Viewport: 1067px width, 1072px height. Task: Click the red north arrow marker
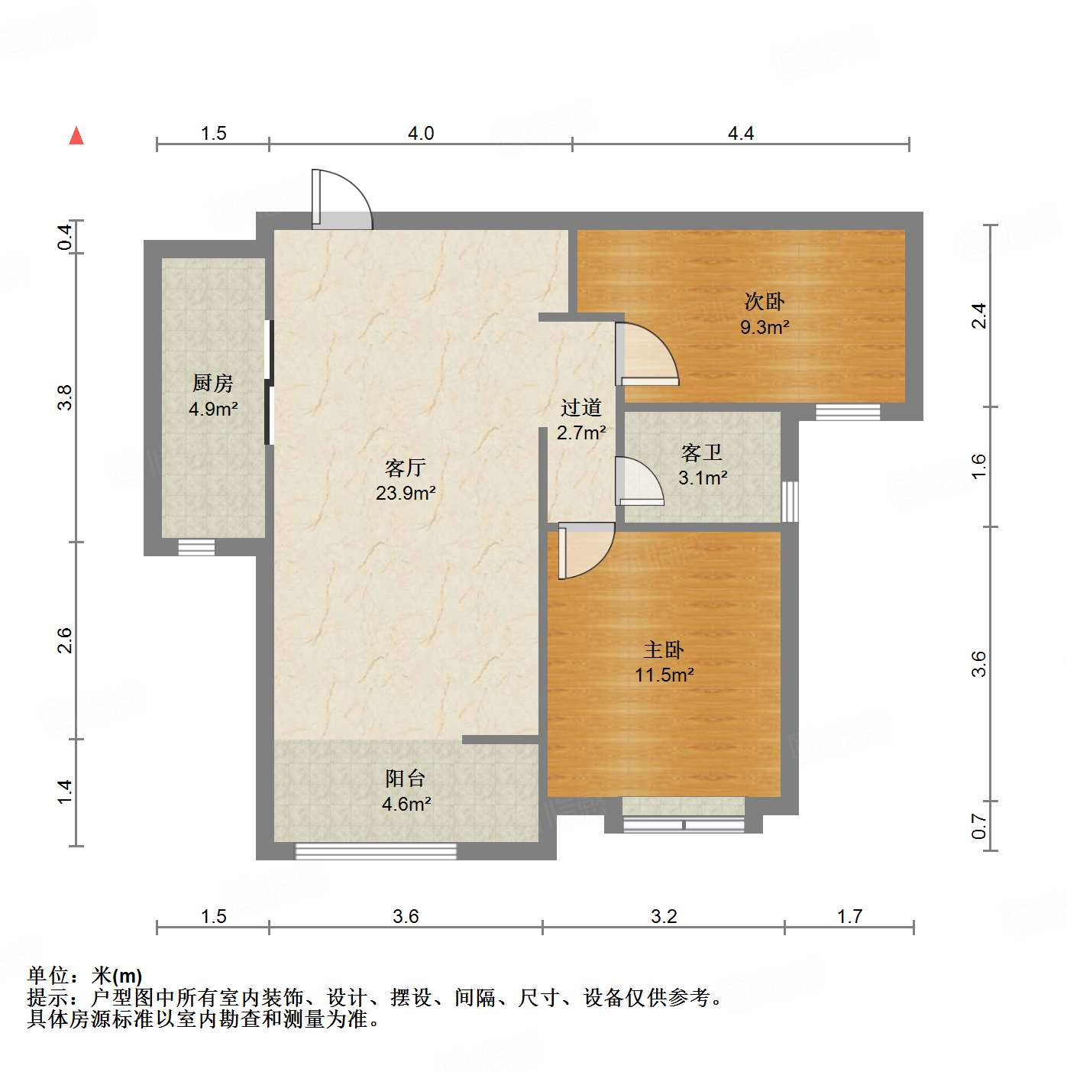coord(76,135)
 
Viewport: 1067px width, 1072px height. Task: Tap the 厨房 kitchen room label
coord(213,382)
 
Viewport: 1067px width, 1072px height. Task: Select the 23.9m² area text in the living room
coord(406,494)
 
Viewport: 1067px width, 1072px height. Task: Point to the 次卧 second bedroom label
coord(765,302)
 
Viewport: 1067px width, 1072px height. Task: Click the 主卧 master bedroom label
coord(664,650)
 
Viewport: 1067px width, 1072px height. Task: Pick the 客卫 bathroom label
coord(702,453)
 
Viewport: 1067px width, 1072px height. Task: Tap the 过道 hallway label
coord(581,407)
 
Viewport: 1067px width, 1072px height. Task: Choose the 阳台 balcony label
coord(406,779)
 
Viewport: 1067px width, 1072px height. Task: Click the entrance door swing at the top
coord(341,200)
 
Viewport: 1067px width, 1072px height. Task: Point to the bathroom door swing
coord(639,482)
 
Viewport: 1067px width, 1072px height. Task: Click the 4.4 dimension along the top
coord(740,134)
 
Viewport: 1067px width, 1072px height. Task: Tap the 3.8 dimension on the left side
coord(65,397)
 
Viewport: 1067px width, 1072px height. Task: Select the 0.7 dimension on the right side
coord(979,826)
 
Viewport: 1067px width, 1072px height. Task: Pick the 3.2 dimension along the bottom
coord(664,916)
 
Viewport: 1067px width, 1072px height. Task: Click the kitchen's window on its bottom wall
coord(196,547)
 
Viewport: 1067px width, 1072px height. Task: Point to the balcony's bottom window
coord(376,851)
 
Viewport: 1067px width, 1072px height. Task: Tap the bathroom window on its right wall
coord(790,501)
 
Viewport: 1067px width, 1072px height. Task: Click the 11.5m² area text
coord(664,675)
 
